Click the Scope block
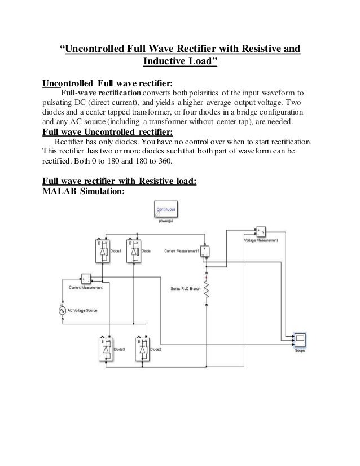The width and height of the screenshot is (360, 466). pos(300,341)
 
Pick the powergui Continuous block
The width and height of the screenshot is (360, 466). pos(164,212)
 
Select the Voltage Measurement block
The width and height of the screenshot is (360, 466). pos(261,232)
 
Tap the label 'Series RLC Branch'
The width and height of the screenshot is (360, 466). pos(185,288)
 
